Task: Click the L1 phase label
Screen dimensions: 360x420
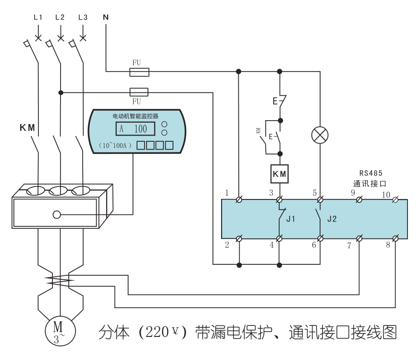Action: (38, 17)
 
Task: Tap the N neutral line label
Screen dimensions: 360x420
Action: (106, 17)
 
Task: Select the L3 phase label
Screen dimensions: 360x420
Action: (83, 17)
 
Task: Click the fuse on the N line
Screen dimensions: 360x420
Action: (139, 72)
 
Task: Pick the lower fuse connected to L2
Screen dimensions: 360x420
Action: (139, 92)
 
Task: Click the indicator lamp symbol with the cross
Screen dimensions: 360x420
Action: (320, 135)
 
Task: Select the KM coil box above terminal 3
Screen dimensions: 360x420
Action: (280, 174)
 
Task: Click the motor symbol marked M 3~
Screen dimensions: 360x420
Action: (58, 330)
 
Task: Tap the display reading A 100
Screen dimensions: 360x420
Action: (135, 129)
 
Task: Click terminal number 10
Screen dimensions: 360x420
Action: (386, 194)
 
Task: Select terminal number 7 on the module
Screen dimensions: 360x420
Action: (349, 246)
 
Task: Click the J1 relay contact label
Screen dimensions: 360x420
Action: (291, 219)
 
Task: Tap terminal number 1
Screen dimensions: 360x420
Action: (226, 193)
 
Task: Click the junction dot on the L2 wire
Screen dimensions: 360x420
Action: (61, 92)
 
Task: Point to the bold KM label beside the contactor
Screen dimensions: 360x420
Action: (27, 127)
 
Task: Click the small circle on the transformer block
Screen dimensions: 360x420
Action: (57, 214)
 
